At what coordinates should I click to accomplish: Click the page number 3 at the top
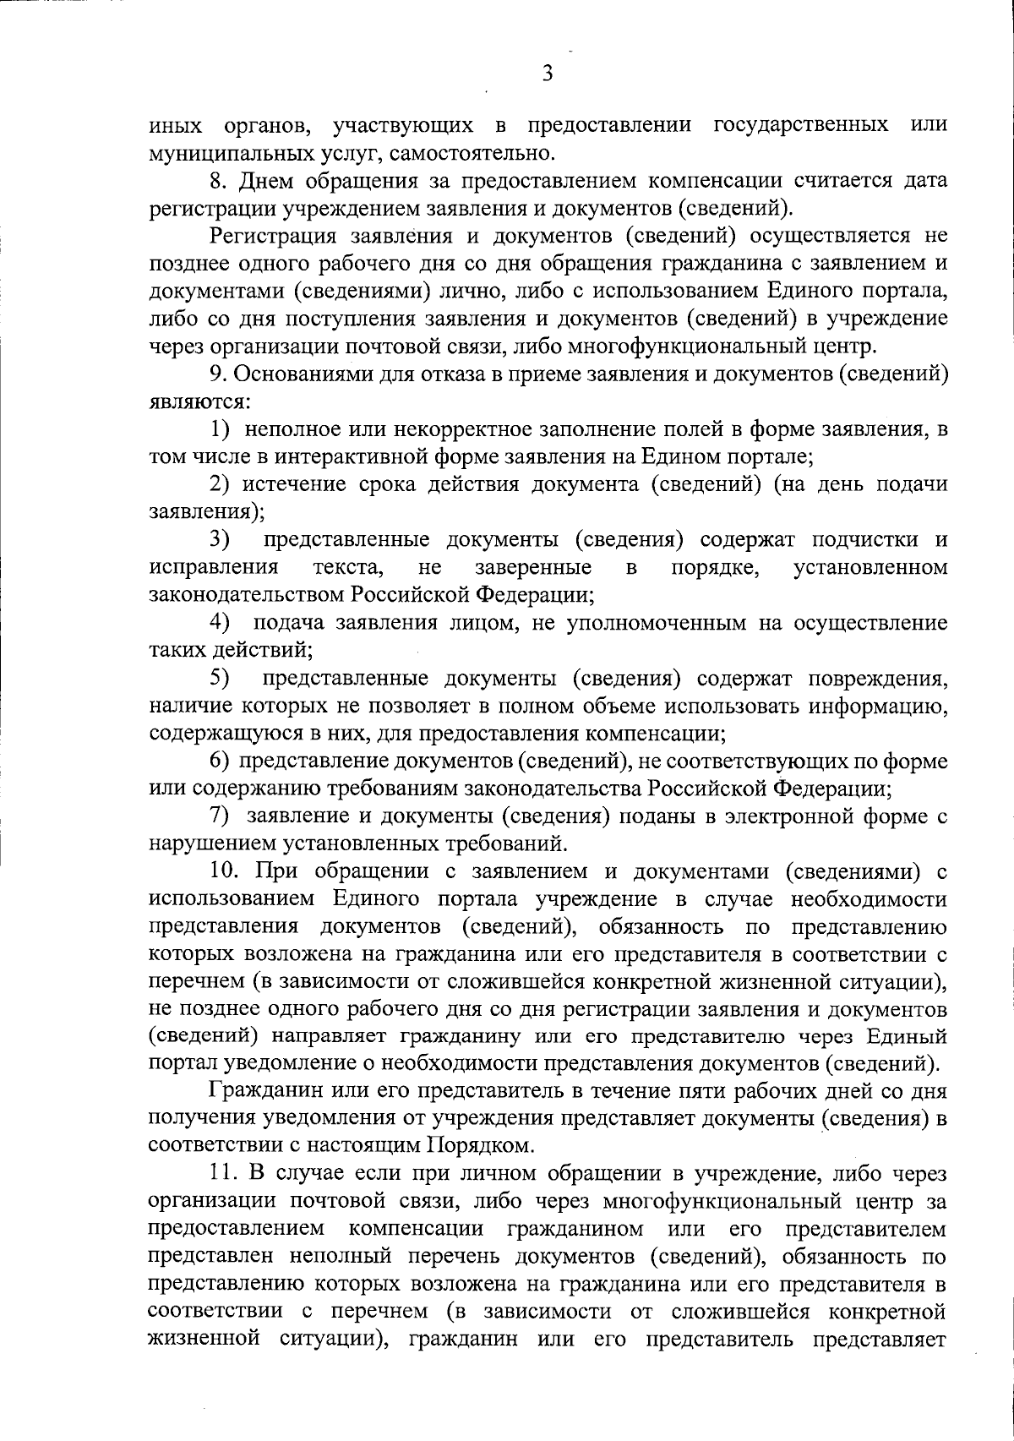click(x=548, y=74)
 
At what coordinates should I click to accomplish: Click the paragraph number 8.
click(x=219, y=181)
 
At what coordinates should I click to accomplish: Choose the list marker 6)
click(x=221, y=761)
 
